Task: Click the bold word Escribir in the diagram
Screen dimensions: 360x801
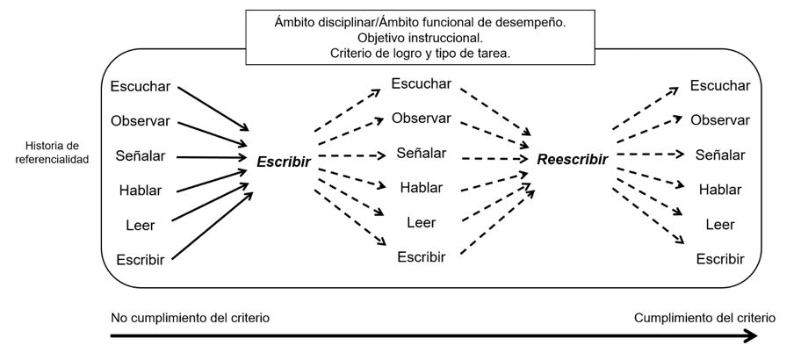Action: (x=285, y=162)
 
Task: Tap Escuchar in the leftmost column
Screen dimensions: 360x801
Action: (x=141, y=87)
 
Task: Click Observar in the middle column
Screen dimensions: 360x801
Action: (x=421, y=118)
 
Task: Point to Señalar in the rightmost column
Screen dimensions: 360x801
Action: (x=720, y=155)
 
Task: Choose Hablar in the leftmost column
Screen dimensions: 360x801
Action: (x=141, y=190)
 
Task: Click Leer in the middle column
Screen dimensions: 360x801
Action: (x=421, y=222)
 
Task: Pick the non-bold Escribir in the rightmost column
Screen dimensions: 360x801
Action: (x=720, y=258)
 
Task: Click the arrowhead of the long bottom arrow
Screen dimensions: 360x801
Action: (x=751, y=336)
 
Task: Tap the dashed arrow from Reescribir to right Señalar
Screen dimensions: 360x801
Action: (x=650, y=155)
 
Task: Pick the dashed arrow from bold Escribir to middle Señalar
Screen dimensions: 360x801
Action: (x=351, y=156)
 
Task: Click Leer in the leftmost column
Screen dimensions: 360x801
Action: (x=141, y=225)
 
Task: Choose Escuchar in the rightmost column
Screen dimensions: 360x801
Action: (x=720, y=86)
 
